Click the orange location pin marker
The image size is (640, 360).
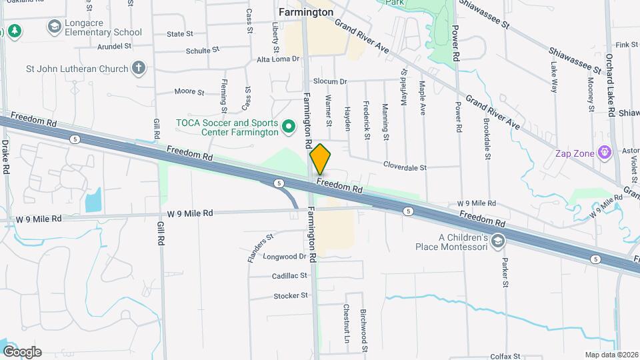point(320,159)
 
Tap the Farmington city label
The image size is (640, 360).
point(306,12)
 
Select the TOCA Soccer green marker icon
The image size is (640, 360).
point(288,126)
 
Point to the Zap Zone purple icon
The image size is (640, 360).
point(605,153)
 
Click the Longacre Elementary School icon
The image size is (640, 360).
point(54,27)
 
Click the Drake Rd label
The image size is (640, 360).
point(5,157)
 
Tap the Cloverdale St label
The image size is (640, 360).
point(404,167)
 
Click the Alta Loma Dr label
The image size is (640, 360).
point(279,59)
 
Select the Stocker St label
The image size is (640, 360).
point(291,295)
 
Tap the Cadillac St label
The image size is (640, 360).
point(289,275)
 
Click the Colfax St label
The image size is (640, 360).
point(504,357)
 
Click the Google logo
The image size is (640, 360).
point(22,352)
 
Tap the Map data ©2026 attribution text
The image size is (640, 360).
point(611,355)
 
